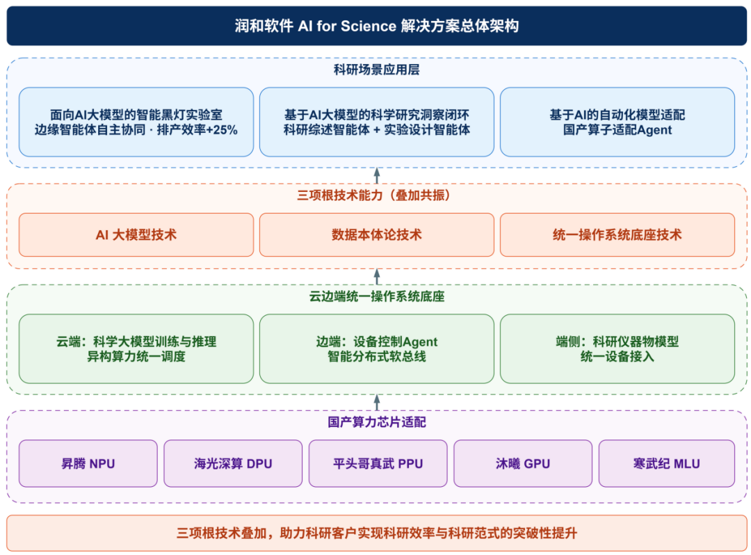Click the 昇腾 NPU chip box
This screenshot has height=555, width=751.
(x=88, y=463)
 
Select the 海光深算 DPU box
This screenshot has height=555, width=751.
(x=233, y=463)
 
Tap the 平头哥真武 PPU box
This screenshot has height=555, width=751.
(x=378, y=463)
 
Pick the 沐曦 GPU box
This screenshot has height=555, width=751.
(x=522, y=463)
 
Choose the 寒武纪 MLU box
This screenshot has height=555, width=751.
(x=667, y=463)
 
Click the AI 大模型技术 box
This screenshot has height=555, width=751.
(x=136, y=234)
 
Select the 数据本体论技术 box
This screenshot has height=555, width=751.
(x=376, y=234)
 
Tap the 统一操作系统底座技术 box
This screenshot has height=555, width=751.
(x=617, y=234)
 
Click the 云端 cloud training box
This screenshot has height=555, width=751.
(x=136, y=348)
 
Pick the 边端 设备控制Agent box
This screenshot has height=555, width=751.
(x=376, y=348)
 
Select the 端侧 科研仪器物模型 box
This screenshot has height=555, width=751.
(x=617, y=348)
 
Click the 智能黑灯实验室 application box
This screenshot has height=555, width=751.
(x=136, y=122)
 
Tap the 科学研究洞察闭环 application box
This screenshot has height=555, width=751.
(x=376, y=122)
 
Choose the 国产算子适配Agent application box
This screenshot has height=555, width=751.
(x=617, y=122)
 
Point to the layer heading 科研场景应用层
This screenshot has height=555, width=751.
(x=376, y=70)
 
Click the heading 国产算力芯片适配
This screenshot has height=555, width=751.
(x=376, y=422)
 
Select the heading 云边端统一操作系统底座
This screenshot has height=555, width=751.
(x=376, y=296)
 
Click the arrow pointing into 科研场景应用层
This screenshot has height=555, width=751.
(x=377, y=176)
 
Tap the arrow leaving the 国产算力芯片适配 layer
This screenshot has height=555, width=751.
(x=377, y=402)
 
